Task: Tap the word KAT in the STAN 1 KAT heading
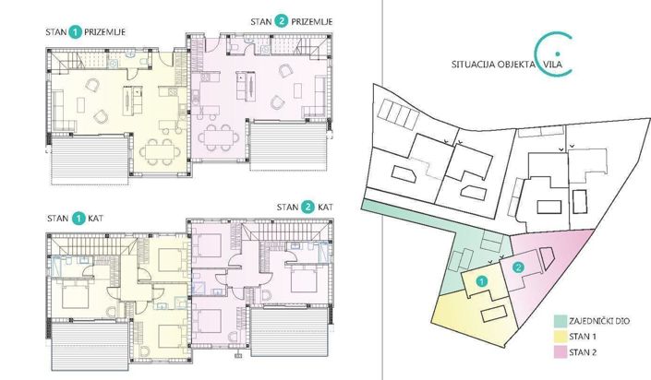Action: [99, 219]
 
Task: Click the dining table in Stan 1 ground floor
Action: [159, 147]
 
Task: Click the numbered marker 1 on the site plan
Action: [480, 279]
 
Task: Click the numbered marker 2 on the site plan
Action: [518, 267]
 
